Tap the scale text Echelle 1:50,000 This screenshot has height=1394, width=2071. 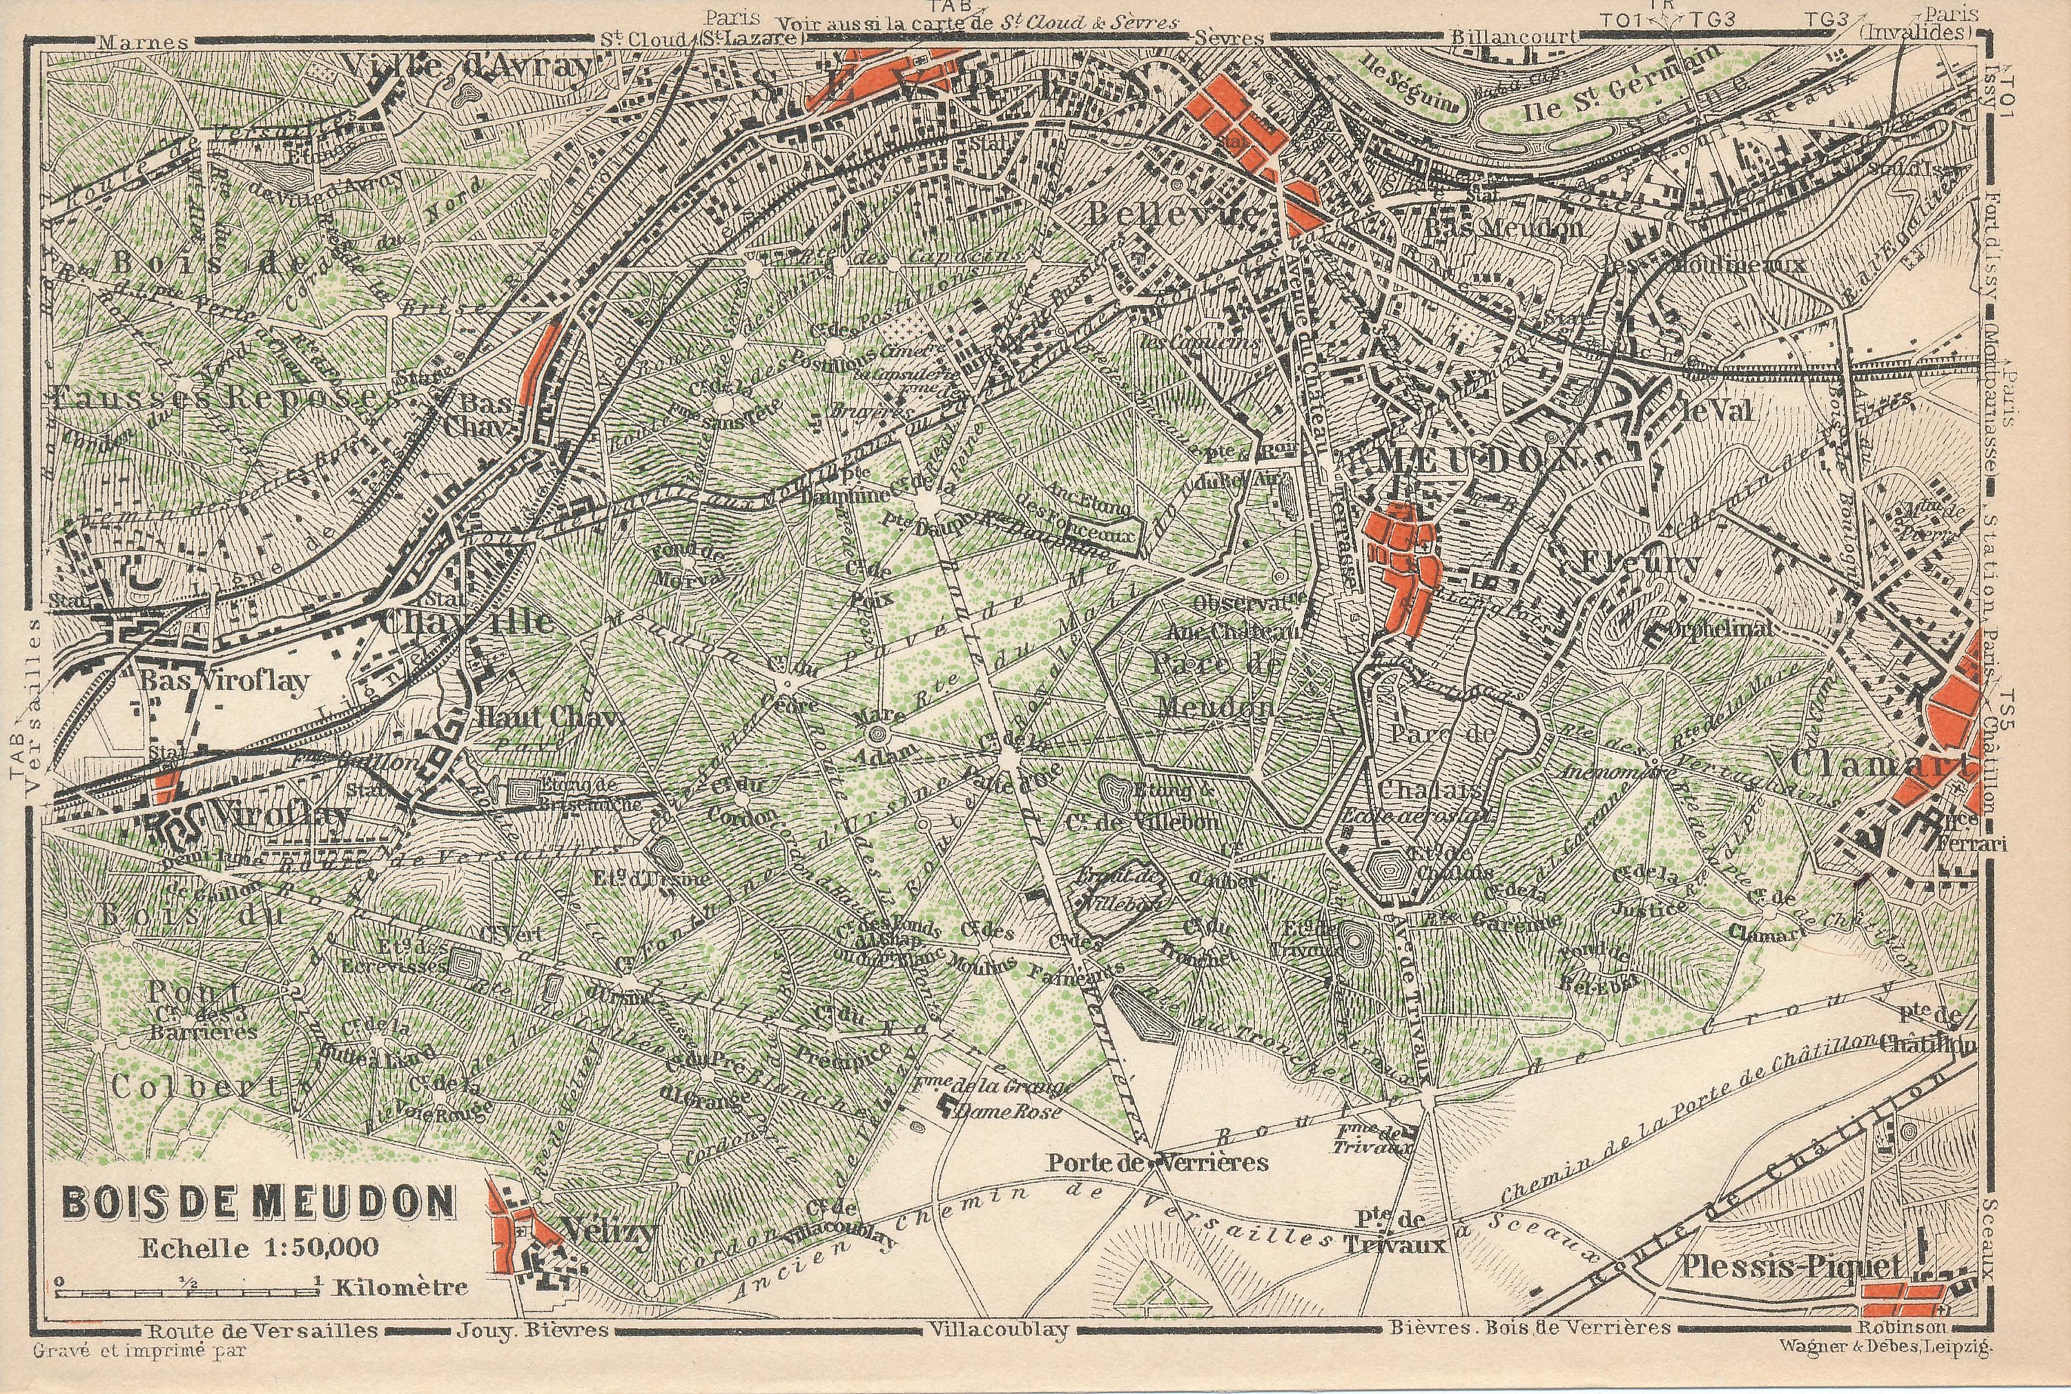point(259,1247)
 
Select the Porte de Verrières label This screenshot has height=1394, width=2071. point(1157,1162)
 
